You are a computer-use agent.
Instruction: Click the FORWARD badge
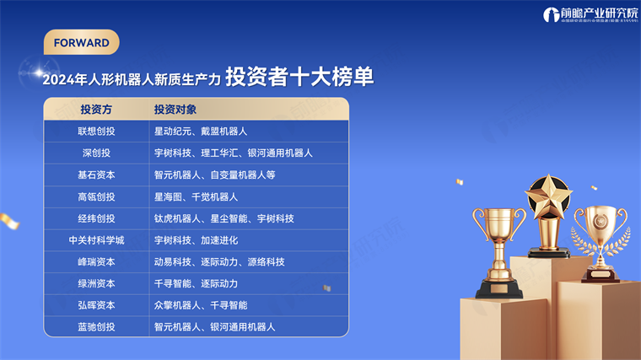(81, 42)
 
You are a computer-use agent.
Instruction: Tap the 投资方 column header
(96, 110)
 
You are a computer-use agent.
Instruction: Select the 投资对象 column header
(175, 110)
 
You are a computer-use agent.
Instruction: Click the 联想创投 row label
(96, 132)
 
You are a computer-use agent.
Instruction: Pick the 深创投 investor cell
(96, 153)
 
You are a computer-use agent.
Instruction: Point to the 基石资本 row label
(96, 175)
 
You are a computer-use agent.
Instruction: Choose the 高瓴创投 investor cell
(96, 196)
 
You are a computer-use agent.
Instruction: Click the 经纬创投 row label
(96, 218)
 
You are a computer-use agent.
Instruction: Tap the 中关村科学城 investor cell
(96, 240)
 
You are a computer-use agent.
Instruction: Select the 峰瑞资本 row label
(96, 262)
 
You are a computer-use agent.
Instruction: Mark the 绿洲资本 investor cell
(96, 283)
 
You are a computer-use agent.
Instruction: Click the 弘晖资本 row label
(96, 305)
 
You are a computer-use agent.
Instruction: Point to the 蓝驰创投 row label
(96, 327)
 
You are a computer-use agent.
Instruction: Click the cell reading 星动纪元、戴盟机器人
(201, 132)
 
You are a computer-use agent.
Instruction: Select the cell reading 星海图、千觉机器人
(196, 196)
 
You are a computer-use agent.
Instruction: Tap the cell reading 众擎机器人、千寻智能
(201, 305)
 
